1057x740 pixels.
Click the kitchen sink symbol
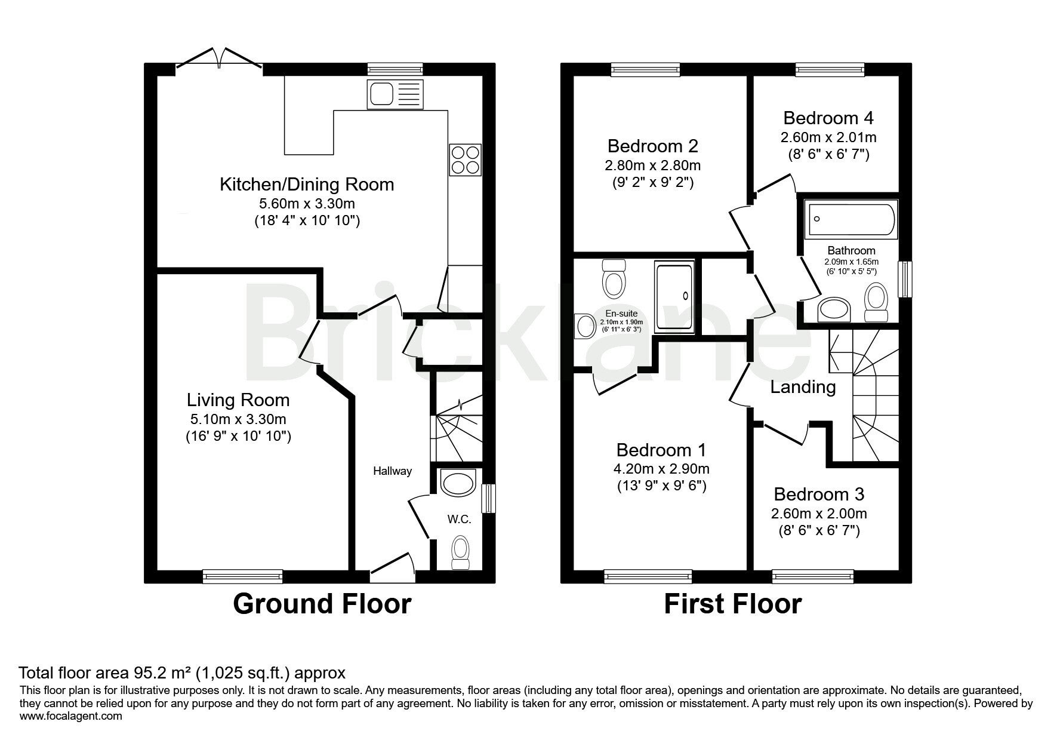click(396, 94)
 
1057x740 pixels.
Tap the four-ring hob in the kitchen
click(465, 159)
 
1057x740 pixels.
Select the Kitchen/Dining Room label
click(307, 184)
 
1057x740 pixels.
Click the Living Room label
click(238, 400)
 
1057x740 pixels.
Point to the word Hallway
click(393, 471)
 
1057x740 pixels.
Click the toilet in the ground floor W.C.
click(460, 553)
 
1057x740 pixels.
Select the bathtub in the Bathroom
click(851, 219)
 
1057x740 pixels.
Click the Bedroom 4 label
click(828, 117)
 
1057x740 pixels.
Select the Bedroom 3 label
click(818, 494)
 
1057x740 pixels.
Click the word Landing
click(803, 387)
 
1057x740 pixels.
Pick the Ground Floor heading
click(322, 604)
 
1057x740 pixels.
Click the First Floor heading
click(732, 604)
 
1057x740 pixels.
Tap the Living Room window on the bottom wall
click(242, 576)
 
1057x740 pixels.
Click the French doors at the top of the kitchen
click(219, 61)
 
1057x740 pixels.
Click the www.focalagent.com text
click(71, 716)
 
